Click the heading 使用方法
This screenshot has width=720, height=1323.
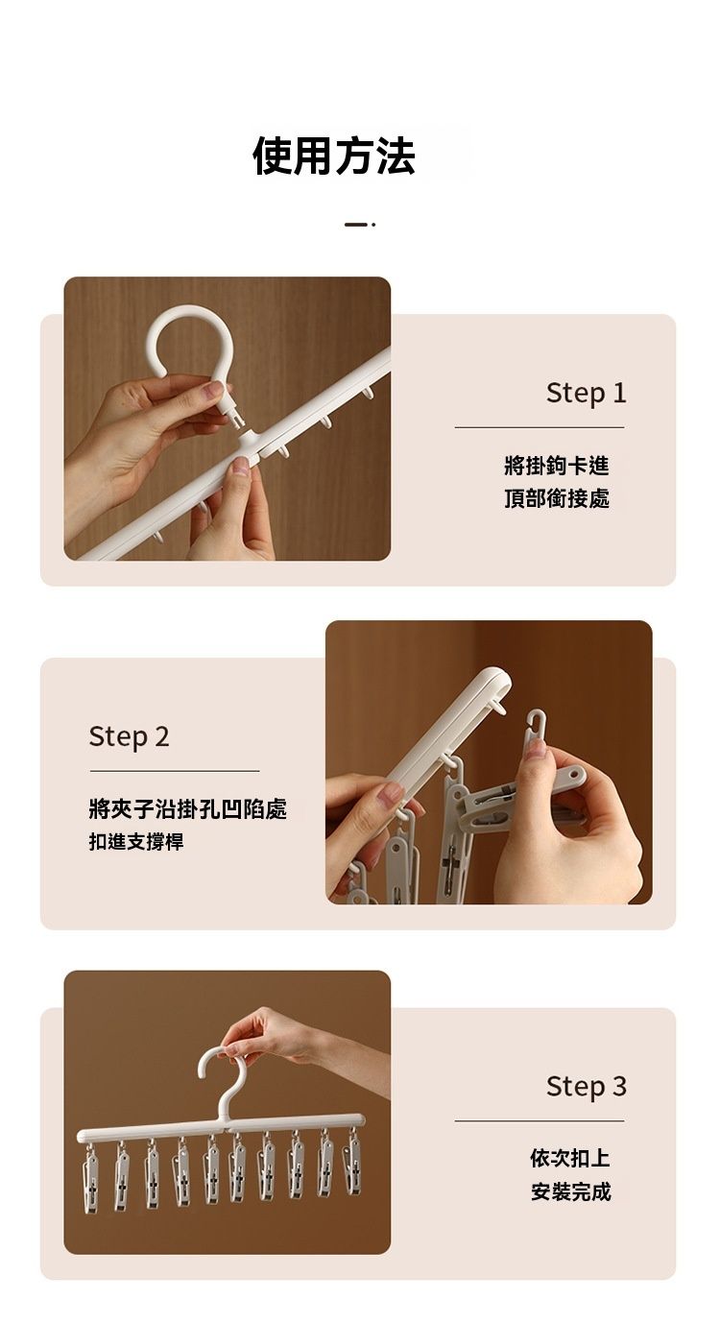[x=334, y=156]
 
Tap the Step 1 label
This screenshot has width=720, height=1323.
[x=586, y=393]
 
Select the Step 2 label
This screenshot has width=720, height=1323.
[x=129, y=736]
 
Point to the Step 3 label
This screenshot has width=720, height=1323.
[x=586, y=1086]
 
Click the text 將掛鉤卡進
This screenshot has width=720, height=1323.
[x=557, y=466]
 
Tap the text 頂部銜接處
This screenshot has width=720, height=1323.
[x=557, y=498]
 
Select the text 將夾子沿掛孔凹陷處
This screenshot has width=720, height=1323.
[x=188, y=808]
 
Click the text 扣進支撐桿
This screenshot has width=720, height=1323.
[x=136, y=841]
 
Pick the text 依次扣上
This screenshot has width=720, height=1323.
[x=570, y=1158]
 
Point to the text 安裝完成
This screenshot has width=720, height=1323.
[x=570, y=1191]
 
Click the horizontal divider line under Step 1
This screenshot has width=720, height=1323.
[x=540, y=427]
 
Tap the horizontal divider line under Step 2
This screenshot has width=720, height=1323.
[x=175, y=771]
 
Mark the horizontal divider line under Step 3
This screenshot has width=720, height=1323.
[x=540, y=1120]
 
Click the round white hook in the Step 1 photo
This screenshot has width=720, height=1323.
[x=154, y=330]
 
